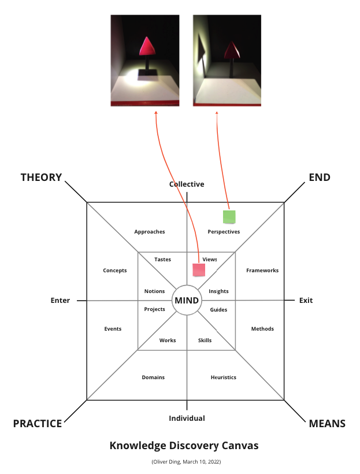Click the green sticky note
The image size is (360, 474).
point(229,217)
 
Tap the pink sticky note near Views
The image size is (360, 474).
point(199,269)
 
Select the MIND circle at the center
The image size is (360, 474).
point(187,301)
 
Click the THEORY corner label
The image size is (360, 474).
point(41,177)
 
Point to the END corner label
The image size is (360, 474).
point(320,177)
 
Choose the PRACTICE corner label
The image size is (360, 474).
point(38,424)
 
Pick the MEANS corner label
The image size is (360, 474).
point(327,424)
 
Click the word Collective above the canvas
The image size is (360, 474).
point(187,184)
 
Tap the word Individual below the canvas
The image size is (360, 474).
point(187,418)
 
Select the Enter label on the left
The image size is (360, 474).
point(60,301)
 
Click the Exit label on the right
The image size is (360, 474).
point(306,301)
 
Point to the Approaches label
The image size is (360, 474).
point(150,232)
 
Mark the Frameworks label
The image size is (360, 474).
point(262,271)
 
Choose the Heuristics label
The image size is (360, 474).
point(224,377)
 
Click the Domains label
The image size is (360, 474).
point(153,377)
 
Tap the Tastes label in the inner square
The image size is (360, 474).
point(162,260)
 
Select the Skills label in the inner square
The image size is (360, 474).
point(205,340)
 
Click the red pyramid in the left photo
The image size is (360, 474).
point(148,46)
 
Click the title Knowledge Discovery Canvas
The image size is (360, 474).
point(184,446)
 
